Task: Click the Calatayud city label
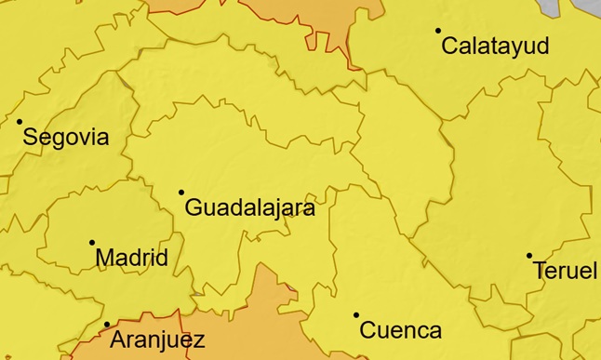pos(495,47)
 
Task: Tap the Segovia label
pos(65,139)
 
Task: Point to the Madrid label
pos(132,258)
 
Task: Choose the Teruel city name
pos(566,271)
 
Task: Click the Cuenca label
pos(400,330)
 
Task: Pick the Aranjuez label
pos(157,340)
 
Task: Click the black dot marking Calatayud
pos(438,31)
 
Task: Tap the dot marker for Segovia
pos(20,122)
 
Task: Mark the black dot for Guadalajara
pos(181,193)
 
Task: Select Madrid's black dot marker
pos(92,242)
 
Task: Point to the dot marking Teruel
pos(529,255)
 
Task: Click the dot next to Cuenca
pos(356,314)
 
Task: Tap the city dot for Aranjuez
pos(107,325)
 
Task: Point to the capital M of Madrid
pos(106,258)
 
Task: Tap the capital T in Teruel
pos(541,271)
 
